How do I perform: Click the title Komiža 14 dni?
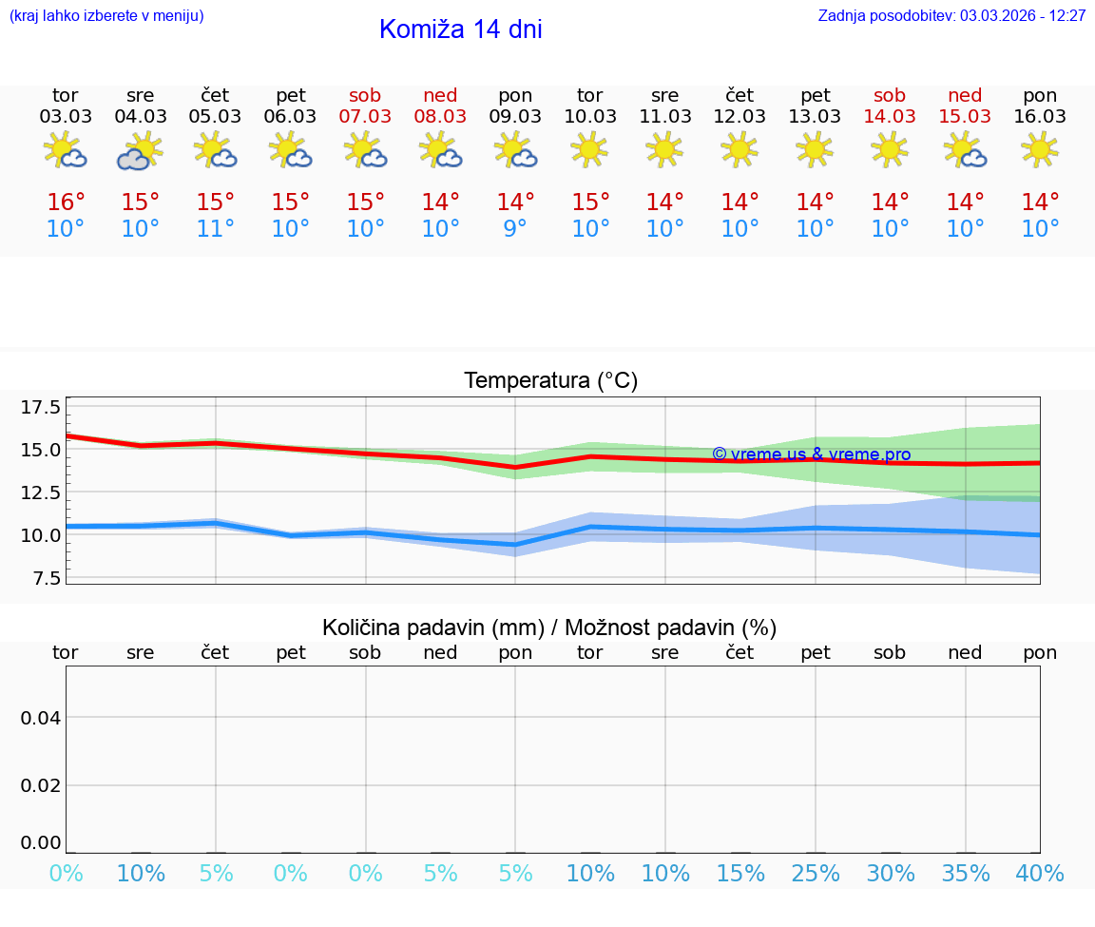(x=460, y=29)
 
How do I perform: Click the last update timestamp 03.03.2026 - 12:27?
(x=1023, y=16)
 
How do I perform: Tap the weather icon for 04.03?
(x=141, y=151)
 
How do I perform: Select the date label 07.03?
(x=365, y=117)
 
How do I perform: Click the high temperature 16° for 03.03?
(x=66, y=203)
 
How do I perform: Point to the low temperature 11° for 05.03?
(x=216, y=229)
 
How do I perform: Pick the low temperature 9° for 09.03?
(x=515, y=229)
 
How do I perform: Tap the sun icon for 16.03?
(x=1040, y=149)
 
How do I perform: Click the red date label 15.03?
(x=965, y=117)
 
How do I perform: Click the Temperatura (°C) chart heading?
(x=550, y=381)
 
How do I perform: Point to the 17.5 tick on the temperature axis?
(x=41, y=408)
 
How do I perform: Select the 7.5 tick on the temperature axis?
(x=41, y=578)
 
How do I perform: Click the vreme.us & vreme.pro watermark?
(x=811, y=454)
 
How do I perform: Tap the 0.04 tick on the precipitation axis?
(x=41, y=718)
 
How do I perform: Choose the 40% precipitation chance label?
(x=1040, y=874)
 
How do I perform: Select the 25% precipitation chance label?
(x=816, y=874)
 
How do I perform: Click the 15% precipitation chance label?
(x=740, y=874)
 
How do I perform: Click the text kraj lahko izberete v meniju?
(x=106, y=16)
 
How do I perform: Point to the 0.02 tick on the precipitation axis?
(x=41, y=785)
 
